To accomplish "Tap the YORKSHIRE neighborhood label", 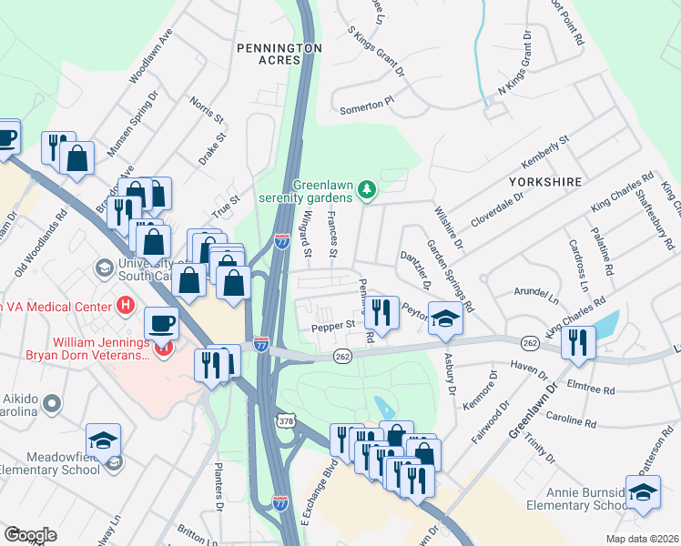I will [x=544, y=182].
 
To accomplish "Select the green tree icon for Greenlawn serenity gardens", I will [x=367, y=189].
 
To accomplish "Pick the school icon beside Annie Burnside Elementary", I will [x=643, y=491].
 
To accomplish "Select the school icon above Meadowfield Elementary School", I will [x=104, y=439].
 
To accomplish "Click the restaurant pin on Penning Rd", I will [x=382, y=312].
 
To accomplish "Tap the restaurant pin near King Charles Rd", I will [x=578, y=341].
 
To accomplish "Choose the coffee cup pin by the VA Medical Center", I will [x=161, y=323].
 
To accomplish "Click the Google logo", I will [x=30, y=535].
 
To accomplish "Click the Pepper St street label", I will [x=333, y=325].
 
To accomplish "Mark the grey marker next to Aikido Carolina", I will [x=55, y=401].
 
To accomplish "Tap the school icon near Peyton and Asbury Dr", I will [x=445, y=318].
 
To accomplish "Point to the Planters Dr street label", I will [x=218, y=487].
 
